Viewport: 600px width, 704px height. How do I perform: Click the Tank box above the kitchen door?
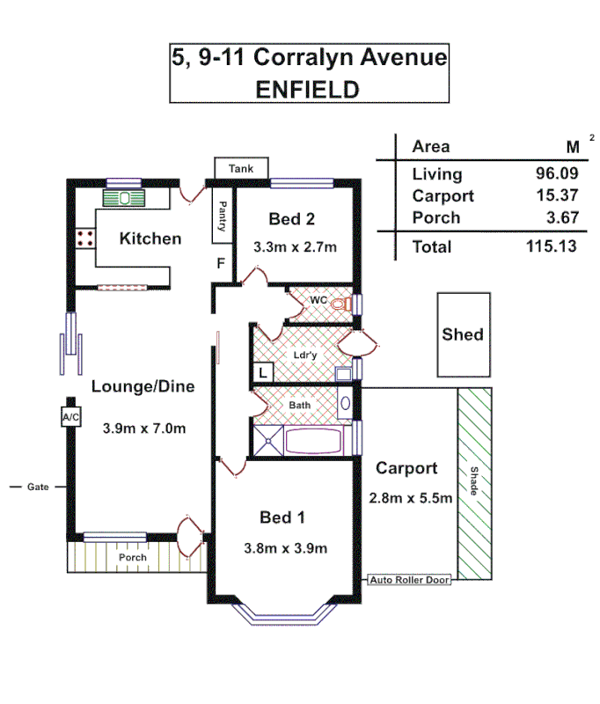[240, 168]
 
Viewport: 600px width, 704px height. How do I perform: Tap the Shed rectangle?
[463, 334]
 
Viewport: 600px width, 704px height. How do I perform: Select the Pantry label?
[222, 217]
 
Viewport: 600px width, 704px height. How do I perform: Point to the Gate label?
[37, 486]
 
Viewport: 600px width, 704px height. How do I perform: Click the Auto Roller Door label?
[409, 580]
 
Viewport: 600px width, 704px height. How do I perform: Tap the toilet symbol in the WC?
[341, 303]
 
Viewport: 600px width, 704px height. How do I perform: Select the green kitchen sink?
[123, 197]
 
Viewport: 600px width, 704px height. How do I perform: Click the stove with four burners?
[85, 237]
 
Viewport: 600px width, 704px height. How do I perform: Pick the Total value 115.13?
[551, 247]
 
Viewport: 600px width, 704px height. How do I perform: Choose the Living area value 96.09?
[556, 174]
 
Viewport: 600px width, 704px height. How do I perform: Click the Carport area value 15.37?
[556, 196]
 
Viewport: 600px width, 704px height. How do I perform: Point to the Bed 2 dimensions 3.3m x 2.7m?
[295, 247]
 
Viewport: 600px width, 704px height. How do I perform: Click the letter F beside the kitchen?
[221, 262]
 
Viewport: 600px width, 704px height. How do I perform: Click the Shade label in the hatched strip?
[473, 480]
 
